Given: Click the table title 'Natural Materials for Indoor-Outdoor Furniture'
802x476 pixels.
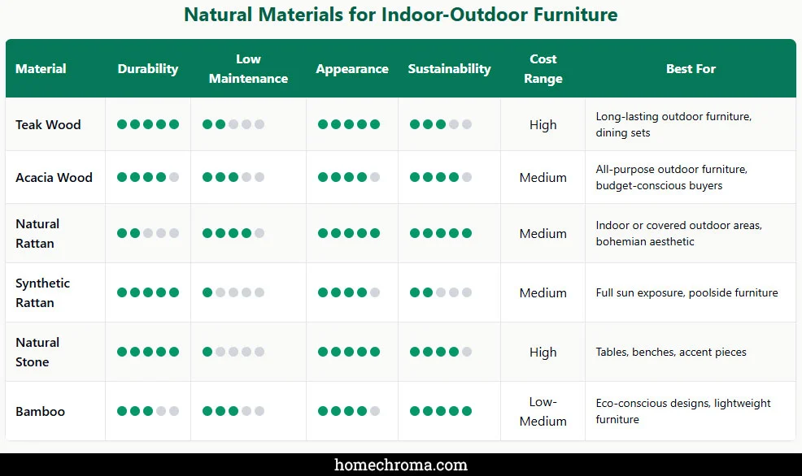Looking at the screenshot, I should click(x=400, y=15).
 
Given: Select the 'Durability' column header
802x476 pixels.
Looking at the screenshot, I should click(x=147, y=69).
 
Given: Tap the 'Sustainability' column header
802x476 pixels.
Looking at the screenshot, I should click(x=449, y=69).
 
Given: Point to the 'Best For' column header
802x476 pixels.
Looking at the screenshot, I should click(x=691, y=69).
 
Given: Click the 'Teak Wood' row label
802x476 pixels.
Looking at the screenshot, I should click(x=48, y=124).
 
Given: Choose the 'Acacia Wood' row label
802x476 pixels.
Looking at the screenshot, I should click(x=54, y=177).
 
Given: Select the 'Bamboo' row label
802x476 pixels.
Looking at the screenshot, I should click(x=40, y=411).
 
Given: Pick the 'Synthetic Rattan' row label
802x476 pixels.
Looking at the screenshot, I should click(x=42, y=292).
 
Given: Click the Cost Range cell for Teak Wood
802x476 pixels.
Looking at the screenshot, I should click(x=543, y=124).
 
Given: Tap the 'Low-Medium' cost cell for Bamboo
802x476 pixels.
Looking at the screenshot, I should click(x=543, y=411).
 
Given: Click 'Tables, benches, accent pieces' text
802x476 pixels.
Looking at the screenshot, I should click(x=671, y=352).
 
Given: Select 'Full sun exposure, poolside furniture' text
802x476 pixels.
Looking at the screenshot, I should click(x=686, y=292).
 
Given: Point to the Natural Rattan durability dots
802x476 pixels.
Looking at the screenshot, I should click(x=147, y=233).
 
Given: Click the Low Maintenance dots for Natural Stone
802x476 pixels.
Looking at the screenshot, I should click(x=233, y=352).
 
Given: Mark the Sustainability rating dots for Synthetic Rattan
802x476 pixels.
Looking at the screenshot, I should click(x=441, y=292).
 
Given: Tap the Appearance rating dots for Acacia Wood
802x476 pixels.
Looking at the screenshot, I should click(x=349, y=177).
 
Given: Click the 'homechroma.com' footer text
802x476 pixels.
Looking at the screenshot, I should click(x=401, y=465).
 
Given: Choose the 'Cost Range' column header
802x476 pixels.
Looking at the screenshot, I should click(x=543, y=69).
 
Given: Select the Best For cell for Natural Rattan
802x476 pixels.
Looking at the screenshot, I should click(x=678, y=233).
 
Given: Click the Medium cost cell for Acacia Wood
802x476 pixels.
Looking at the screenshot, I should click(x=543, y=177).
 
